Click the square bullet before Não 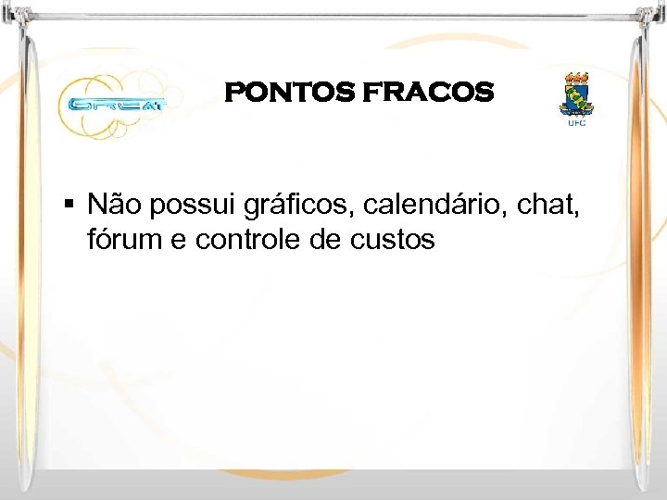[70, 202]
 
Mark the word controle [257, 240]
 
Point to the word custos [393, 241]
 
